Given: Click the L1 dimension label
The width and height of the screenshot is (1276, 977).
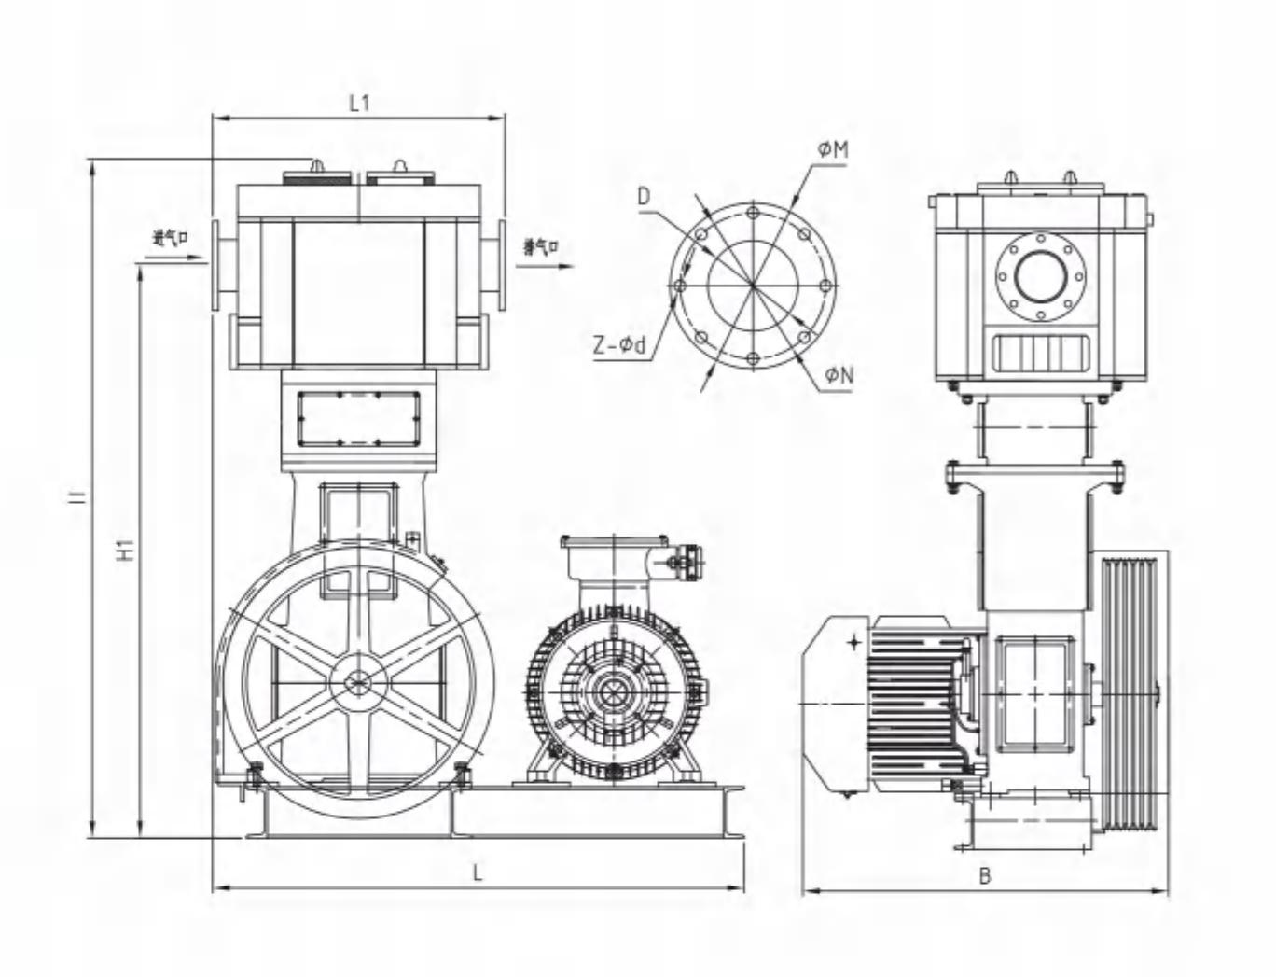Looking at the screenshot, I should [x=359, y=103].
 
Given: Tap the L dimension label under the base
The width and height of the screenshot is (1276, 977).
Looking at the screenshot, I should [x=478, y=873].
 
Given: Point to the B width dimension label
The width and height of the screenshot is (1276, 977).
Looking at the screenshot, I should [x=985, y=876].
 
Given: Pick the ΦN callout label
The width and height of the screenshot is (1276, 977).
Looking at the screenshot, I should [x=838, y=375].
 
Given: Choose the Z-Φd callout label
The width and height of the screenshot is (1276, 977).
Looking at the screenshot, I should [x=619, y=346].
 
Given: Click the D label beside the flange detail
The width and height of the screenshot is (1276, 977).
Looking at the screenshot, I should [x=644, y=197].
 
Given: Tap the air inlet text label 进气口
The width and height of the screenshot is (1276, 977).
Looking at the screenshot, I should [x=171, y=238].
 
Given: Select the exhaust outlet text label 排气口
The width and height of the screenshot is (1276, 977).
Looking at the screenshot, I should [x=540, y=247].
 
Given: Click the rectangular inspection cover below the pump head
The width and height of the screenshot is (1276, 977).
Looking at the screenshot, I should [x=358, y=418].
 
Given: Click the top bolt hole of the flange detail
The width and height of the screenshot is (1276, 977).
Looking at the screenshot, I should [x=753, y=211].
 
